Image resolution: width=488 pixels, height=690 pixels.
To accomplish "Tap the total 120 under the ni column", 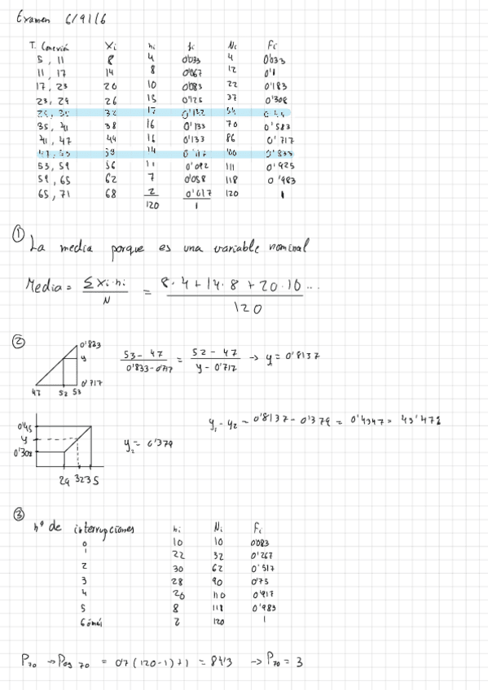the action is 152,207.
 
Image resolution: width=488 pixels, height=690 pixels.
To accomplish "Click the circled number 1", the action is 19,235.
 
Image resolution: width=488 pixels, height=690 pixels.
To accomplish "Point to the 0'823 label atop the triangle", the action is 90,344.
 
